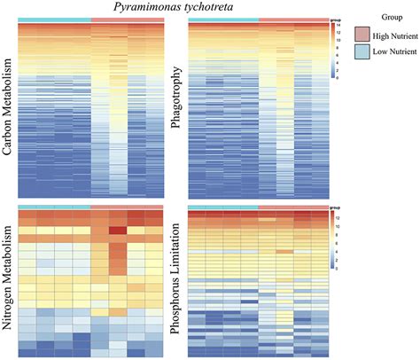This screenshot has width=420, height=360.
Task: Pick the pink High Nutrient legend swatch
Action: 363,33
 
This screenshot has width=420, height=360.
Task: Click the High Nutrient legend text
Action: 395,34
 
